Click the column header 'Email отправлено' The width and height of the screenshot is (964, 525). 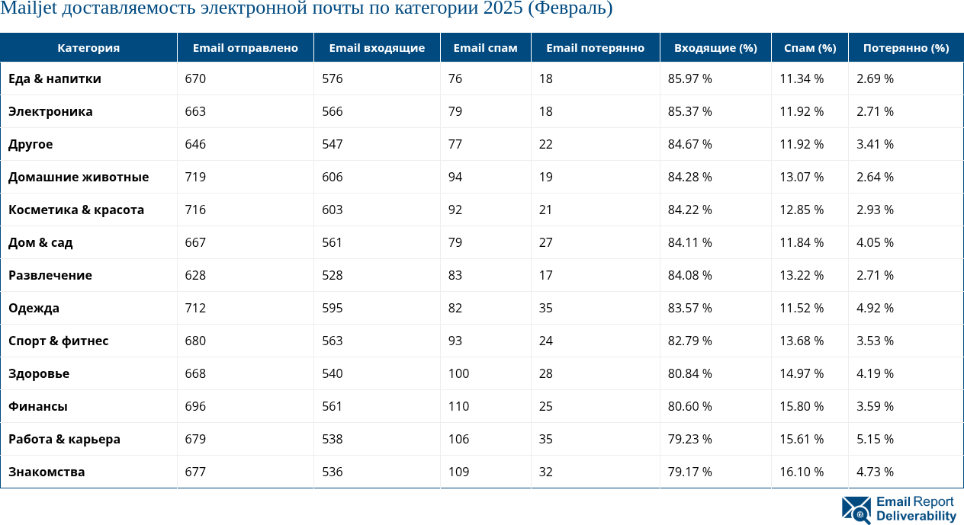point(245,48)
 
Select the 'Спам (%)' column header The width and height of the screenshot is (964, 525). point(809,48)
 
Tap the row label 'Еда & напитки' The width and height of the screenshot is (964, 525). point(55,78)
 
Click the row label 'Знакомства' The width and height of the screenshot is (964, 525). point(47,472)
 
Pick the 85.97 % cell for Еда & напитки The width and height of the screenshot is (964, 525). point(689,78)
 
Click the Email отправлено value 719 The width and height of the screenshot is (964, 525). point(196,177)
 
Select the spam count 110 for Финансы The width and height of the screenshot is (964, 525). point(458,406)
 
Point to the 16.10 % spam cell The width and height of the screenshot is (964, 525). point(802,472)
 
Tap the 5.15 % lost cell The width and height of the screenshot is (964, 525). point(875,439)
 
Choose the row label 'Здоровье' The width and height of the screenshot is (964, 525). point(39,373)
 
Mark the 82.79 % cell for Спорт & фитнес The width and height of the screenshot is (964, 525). point(689,341)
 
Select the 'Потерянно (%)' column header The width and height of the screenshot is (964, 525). point(905,48)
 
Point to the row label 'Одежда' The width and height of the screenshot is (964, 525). point(34,308)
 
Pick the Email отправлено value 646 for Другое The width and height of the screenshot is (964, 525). point(196,144)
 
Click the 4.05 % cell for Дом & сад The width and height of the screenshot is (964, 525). point(875,242)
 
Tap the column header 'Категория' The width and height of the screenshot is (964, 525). point(88,48)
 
